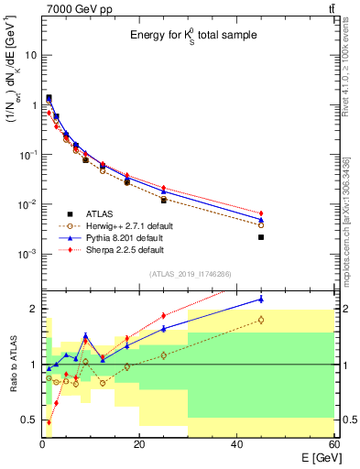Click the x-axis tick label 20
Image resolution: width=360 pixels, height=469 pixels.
tap(139, 445)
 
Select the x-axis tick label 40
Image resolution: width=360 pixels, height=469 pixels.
tap(236, 445)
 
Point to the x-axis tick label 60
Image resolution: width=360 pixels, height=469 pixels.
tap(333, 445)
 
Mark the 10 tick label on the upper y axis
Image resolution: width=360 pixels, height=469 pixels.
tap(30, 55)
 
